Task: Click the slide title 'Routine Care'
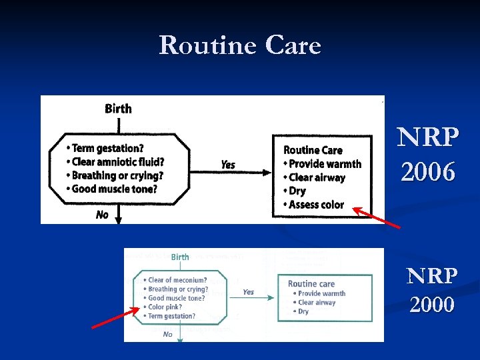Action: pyautogui.click(x=240, y=45)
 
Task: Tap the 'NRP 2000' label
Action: pyautogui.click(x=433, y=289)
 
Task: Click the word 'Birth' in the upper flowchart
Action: pyautogui.click(x=118, y=109)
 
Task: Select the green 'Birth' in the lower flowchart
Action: pyautogui.click(x=180, y=257)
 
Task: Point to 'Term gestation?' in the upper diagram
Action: pyautogui.click(x=107, y=148)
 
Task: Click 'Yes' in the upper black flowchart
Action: pyautogui.click(x=228, y=165)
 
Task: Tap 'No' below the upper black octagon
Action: pyautogui.click(x=102, y=215)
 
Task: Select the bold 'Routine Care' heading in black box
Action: pyautogui.click(x=313, y=150)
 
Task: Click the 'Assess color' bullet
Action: pyautogui.click(x=316, y=205)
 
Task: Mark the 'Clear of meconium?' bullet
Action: pyautogui.click(x=177, y=280)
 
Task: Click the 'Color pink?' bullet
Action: pyautogui.click(x=166, y=307)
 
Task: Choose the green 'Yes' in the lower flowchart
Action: pyautogui.click(x=248, y=292)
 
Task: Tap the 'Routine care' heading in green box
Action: pyautogui.click(x=311, y=283)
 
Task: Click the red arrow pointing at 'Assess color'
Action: pyautogui.click(x=376, y=218)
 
